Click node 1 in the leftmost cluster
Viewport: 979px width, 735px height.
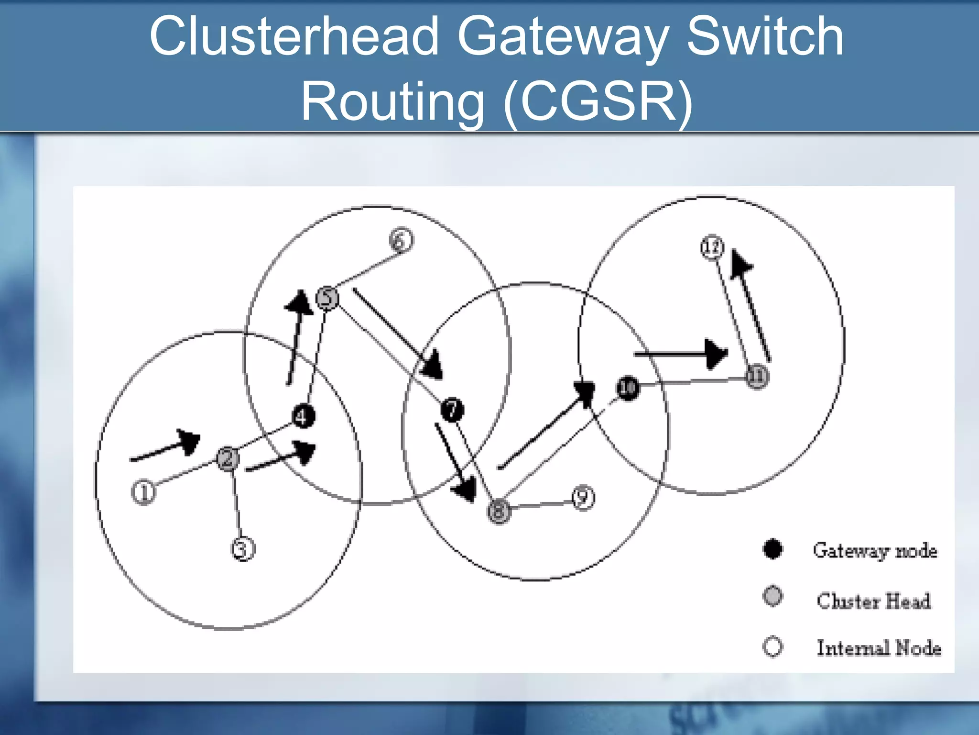(x=143, y=492)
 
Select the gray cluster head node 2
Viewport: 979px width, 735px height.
(x=228, y=459)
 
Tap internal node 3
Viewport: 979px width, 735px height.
(x=243, y=549)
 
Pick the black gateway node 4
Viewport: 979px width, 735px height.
(x=304, y=416)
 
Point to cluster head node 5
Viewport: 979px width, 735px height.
(x=327, y=299)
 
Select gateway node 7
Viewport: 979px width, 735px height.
(x=452, y=410)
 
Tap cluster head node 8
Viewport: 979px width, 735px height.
(x=499, y=511)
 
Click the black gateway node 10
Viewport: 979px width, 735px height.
(x=628, y=387)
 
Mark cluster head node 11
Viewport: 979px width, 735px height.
(x=757, y=377)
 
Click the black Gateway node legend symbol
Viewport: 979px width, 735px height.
(x=772, y=549)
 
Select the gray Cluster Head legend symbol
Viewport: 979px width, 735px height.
(x=772, y=596)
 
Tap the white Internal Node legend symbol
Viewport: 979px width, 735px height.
(x=772, y=646)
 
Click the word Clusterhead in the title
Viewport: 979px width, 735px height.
(x=294, y=36)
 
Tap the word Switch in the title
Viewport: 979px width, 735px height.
(x=765, y=36)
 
